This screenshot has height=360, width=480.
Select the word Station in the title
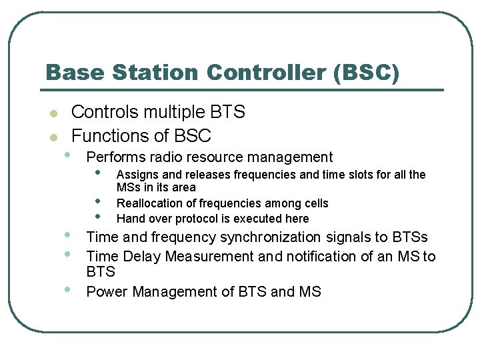pos(153,72)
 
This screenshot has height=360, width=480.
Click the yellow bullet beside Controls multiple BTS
pos(54,113)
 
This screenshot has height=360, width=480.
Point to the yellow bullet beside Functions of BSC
pos(54,137)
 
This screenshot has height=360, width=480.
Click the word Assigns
pos(137,175)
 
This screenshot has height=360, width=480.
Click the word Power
pos(104,292)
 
